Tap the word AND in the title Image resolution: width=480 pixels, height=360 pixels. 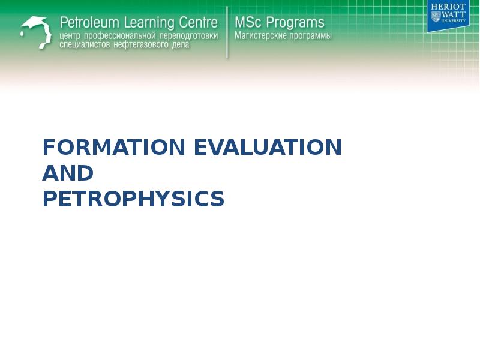click(68, 173)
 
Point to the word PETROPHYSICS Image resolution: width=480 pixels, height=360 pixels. click(133, 199)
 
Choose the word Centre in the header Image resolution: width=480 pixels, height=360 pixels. click(197, 23)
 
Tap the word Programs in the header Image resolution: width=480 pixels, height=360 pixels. click(295, 23)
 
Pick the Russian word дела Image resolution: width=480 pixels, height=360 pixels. click(180, 45)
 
